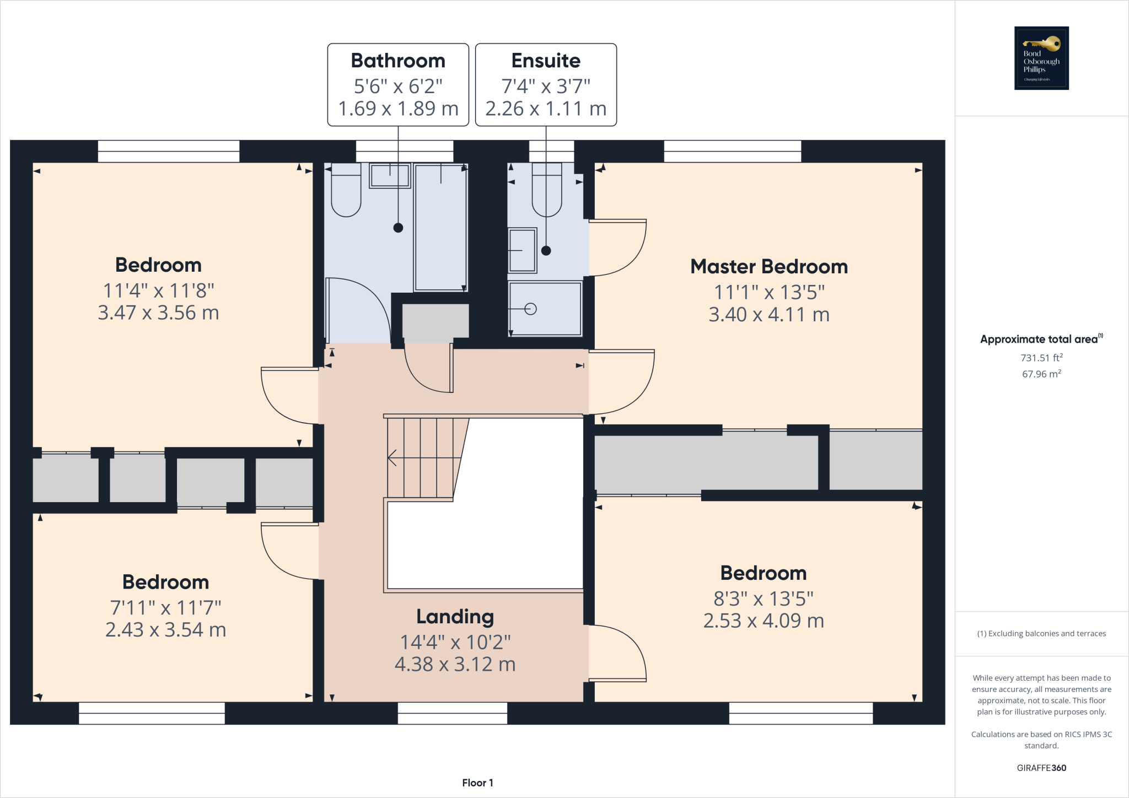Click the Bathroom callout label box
coord(398,84)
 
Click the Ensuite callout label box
coord(546,84)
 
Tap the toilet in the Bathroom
coord(346,190)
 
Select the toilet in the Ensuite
coord(546,190)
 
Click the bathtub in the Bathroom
coord(440,227)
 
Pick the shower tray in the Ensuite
coord(545,309)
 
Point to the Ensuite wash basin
coord(522,250)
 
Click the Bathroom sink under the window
coord(390,176)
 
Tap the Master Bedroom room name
coord(768,267)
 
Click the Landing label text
coord(455,616)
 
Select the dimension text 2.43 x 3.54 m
coord(165,630)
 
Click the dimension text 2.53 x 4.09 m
coord(763,621)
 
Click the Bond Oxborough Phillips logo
coord(1041,58)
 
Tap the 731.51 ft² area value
coord(1041,358)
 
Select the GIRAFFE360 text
coord(1041,768)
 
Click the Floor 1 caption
coord(477,783)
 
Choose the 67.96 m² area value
coord(1041,374)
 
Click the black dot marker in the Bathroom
coord(398,228)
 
